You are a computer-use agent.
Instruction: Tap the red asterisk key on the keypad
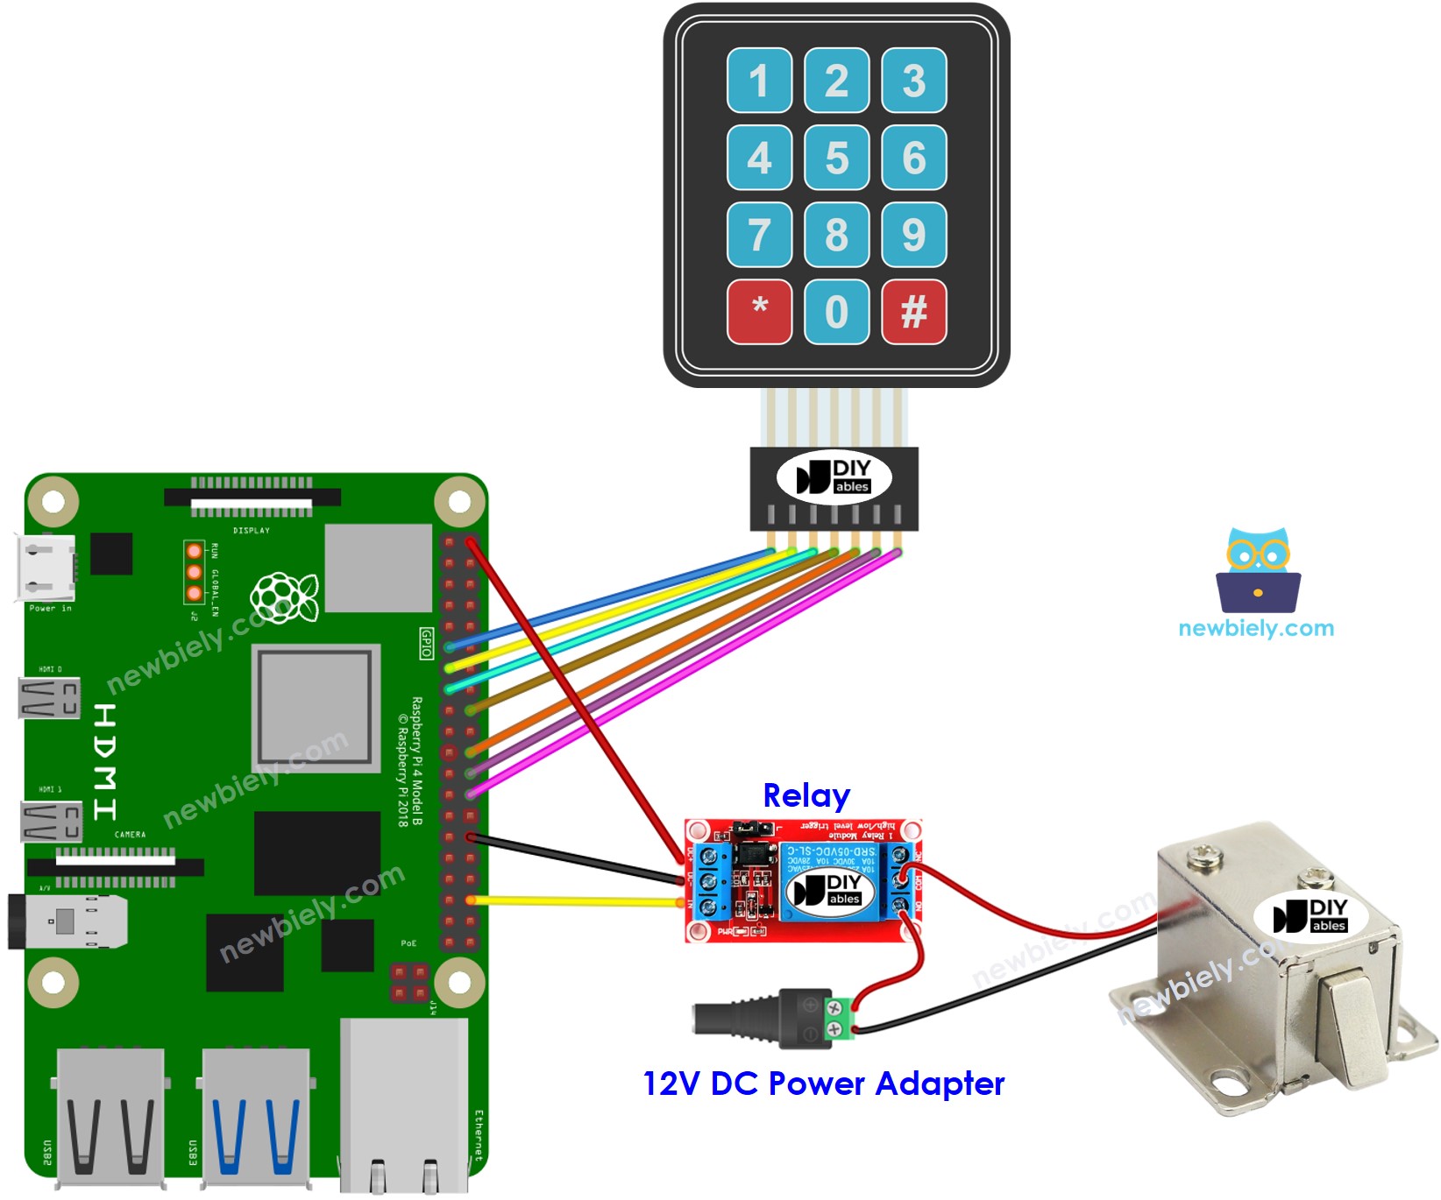tap(759, 312)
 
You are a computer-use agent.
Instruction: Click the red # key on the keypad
tap(913, 312)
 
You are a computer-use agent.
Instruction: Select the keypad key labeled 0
tap(836, 312)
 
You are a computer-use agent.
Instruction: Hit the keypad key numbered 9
tap(913, 235)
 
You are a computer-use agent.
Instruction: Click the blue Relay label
tap(806, 795)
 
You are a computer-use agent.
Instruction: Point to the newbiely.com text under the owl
tap(1256, 628)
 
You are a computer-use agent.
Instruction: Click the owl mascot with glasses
tap(1258, 569)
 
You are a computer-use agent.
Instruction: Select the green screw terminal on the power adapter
tap(836, 1020)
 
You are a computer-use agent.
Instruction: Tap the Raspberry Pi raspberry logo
tap(284, 597)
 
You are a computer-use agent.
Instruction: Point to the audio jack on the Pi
tap(66, 921)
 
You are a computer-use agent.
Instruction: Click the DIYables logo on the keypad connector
tap(834, 477)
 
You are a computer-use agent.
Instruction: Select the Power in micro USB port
tap(46, 568)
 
